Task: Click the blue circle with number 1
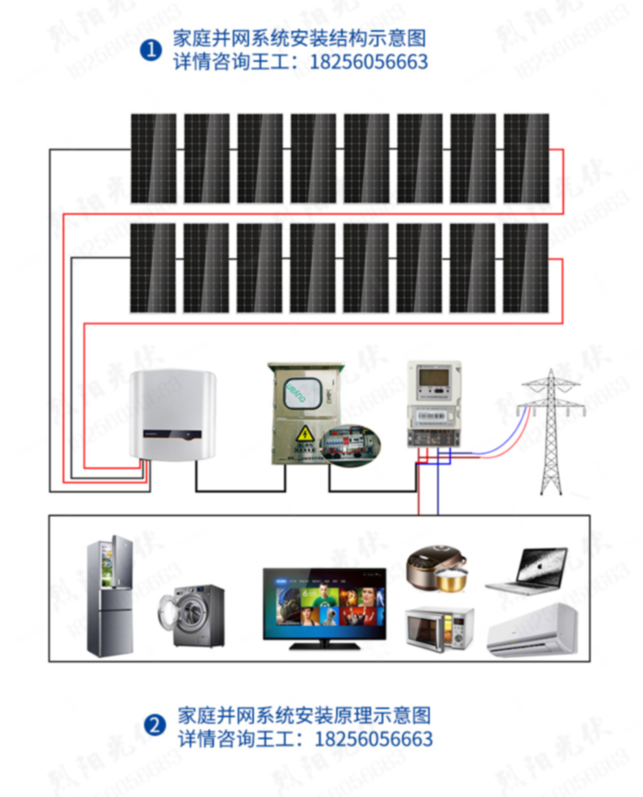tap(150, 50)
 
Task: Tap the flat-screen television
tap(324, 602)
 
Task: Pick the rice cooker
tap(436, 571)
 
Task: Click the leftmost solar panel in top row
tap(153, 158)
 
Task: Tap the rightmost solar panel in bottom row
tap(526, 268)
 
